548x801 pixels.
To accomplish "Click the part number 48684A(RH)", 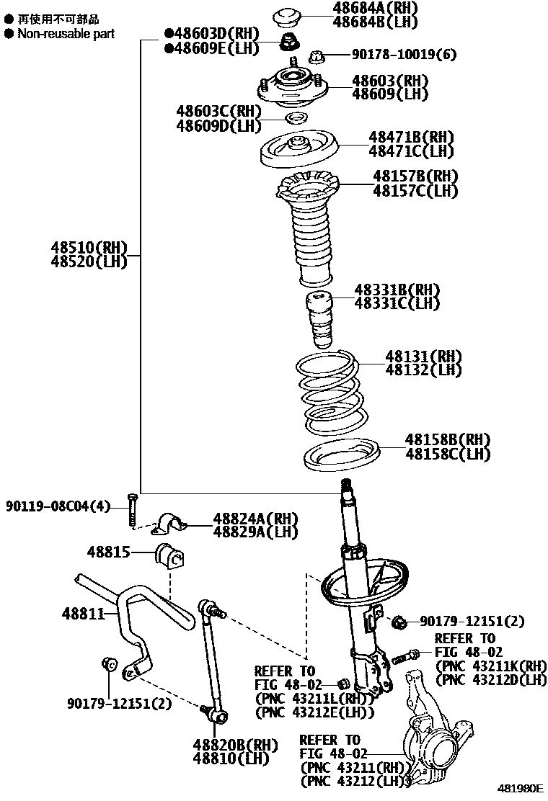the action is [375, 8].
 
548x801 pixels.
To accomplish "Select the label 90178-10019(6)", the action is [404, 54].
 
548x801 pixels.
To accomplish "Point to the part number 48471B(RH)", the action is [412, 137].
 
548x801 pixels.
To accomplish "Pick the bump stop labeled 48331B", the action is [319, 320].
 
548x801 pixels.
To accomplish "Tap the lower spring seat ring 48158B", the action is [341, 454].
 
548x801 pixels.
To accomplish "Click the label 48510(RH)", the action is [89, 248].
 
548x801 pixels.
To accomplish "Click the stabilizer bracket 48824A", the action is [169, 524].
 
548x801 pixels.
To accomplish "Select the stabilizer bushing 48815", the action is [169, 555].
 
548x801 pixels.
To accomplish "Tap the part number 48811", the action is [83, 614].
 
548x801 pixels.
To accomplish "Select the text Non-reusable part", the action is [66, 35].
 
